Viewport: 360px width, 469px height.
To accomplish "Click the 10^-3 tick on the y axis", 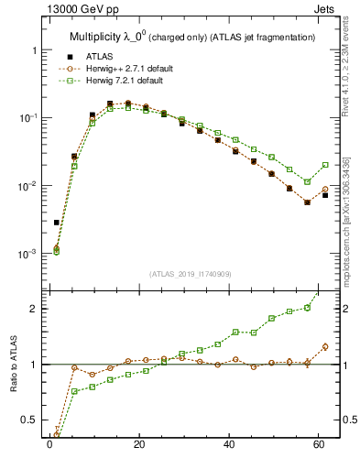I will coord(29,254).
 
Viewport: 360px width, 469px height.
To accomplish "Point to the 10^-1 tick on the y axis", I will coord(29,118).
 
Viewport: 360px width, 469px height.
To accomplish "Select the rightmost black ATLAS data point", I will coord(325,195).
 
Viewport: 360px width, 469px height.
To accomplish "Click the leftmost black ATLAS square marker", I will coord(56,223).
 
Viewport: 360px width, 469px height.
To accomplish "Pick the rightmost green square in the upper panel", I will coord(325,165).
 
